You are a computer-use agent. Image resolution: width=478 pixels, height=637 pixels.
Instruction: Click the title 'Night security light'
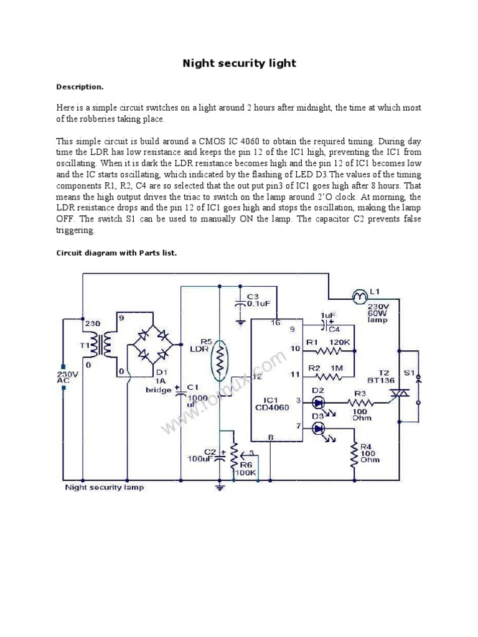pyautogui.click(x=239, y=63)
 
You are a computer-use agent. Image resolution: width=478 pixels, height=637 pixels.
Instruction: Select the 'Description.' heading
pyautogui.click(x=80, y=86)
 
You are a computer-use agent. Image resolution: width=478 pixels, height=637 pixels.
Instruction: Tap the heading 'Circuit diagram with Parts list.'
pyautogui.click(x=116, y=253)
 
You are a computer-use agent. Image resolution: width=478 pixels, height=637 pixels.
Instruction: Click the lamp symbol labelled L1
pyautogui.click(x=360, y=297)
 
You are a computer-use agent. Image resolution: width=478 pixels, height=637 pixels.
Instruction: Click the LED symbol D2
pyautogui.click(x=319, y=402)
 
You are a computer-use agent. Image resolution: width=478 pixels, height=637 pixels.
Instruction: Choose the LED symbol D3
pyautogui.click(x=319, y=428)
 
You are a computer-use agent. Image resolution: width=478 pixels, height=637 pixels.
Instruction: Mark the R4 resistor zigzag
pyautogui.click(x=354, y=457)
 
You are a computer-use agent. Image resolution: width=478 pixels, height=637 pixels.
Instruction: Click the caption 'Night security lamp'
pyautogui.click(x=105, y=487)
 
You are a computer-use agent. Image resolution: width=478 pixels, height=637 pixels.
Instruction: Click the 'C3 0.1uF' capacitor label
pyautogui.click(x=258, y=300)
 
